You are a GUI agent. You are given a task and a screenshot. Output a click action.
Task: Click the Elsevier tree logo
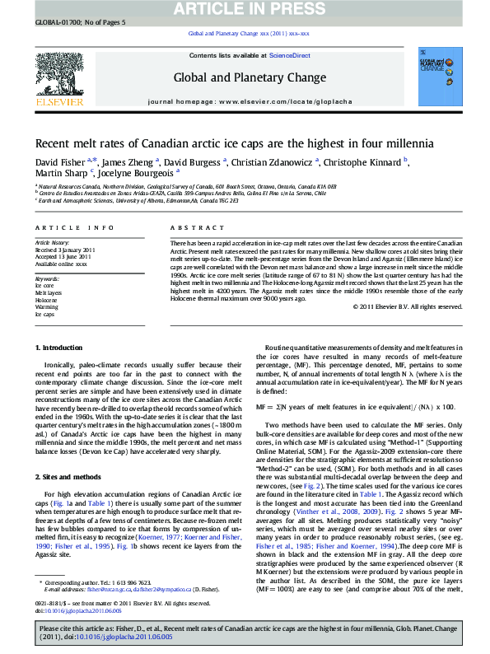[x=58, y=77]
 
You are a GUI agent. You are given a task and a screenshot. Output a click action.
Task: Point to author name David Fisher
[x=59, y=162]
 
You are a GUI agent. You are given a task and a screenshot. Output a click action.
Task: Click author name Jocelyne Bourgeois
[x=138, y=174]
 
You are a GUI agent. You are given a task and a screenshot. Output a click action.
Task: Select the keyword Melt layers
[x=49, y=292]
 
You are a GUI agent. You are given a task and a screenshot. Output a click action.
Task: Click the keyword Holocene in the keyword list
[x=46, y=300]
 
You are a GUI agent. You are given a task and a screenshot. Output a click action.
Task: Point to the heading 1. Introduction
[x=59, y=371]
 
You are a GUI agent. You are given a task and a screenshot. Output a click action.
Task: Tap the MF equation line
[x=355, y=407]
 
